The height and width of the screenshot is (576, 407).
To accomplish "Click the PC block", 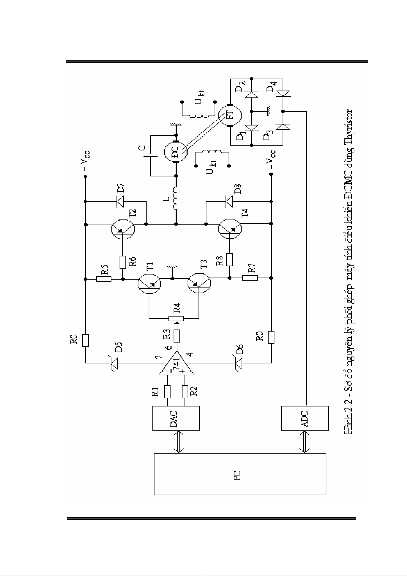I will click(240, 474).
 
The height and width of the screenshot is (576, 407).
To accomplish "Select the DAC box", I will click(176, 418).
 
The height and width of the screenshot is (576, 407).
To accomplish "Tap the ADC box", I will click(305, 418).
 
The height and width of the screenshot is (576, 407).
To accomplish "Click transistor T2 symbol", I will click(123, 228).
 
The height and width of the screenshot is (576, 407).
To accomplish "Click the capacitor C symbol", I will click(150, 156).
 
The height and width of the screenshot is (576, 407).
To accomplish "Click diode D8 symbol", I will click(229, 201).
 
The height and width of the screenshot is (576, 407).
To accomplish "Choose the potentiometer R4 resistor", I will click(176, 319).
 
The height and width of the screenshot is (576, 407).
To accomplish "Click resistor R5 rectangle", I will click(104, 279).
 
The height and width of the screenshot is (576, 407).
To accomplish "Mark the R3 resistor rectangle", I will click(176, 336).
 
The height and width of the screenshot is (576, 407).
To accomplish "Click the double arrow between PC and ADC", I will click(305, 442).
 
